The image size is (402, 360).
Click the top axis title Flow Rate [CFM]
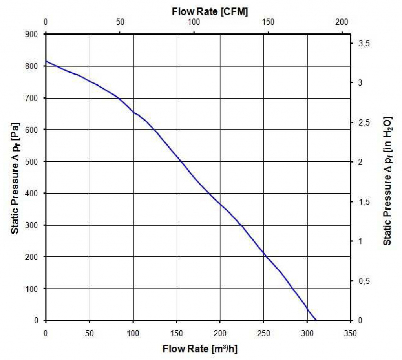tap(210, 12)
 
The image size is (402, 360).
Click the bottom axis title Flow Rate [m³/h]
tap(200, 349)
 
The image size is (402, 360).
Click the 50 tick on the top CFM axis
tap(120, 22)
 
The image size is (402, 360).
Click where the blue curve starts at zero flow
tap(46, 61)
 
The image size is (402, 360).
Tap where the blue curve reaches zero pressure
tap(316, 320)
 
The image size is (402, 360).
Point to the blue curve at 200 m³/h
tap(220, 204)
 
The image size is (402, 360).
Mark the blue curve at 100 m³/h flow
tap(133, 112)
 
